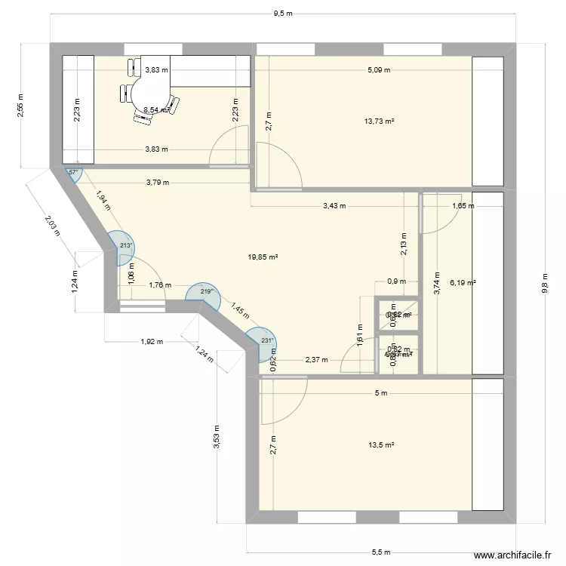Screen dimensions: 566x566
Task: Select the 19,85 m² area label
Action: [263, 257]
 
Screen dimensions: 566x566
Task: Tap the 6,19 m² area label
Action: [463, 283]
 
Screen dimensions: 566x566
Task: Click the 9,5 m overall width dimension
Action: [283, 13]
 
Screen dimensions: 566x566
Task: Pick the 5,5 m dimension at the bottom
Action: [382, 552]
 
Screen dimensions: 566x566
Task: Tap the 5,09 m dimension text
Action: [379, 70]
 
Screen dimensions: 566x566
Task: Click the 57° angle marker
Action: [73, 173]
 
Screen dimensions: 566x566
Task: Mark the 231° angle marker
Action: [266, 340]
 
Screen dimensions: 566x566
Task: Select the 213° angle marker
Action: [125, 245]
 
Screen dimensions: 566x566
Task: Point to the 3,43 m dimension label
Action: [334, 205]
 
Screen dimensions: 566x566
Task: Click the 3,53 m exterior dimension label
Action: [217, 436]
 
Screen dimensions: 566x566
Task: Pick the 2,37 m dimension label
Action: [316, 360]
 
